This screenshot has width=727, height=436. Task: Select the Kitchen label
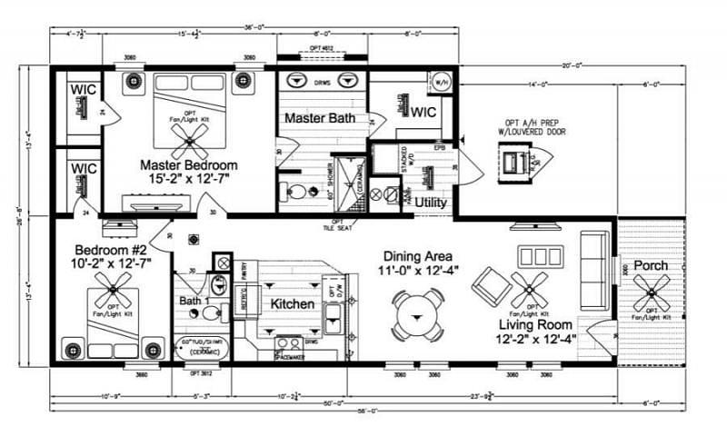(x=293, y=303)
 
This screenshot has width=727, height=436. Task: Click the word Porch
(x=650, y=265)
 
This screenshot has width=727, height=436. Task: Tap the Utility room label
(x=431, y=202)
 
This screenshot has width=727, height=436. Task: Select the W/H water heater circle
(x=441, y=80)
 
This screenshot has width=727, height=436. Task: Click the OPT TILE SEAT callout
(x=338, y=224)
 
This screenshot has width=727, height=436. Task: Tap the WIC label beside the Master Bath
(x=425, y=113)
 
